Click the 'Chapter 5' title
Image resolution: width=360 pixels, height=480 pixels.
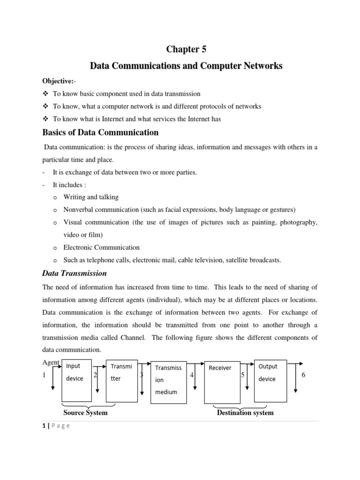tap(186, 50)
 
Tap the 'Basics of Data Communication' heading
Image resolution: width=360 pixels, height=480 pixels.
tap(100, 133)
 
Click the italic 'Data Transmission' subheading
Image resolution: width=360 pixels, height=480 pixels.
tap(75, 273)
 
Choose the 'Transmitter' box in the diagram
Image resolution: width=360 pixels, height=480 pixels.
tap(122, 381)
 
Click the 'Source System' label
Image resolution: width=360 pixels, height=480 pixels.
tap(85, 413)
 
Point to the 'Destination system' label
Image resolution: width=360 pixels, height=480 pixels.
tap(245, 413)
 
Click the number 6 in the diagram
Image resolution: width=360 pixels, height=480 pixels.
tap(303, 375)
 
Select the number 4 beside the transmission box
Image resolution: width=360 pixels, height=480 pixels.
tap(192, 375)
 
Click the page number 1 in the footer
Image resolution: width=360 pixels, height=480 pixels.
tap(44, 426)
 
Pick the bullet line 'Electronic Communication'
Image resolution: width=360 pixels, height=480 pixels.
tap(101, 247)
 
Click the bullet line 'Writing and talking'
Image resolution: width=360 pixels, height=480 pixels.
tap(91, 197)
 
